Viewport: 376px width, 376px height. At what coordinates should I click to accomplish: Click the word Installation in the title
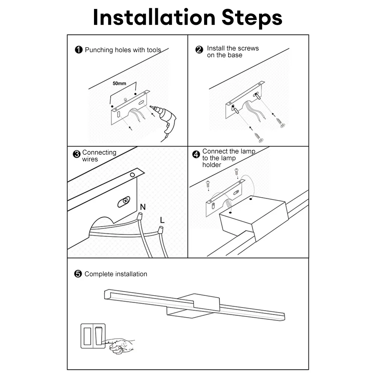pyautogui.click(x=154, y=18)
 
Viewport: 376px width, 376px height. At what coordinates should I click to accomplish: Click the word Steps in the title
pyautogui.click(x=252, y=18)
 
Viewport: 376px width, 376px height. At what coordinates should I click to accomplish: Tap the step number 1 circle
pyautogui.click(x=79, y=50)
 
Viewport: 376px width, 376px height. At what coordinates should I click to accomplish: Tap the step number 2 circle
pyautogui.click(x=199, y=50)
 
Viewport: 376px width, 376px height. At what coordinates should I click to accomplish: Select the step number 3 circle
pyautogui.click(x=76, y=154)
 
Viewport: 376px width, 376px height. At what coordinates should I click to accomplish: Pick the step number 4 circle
pyautogui.click(x=196, y=155)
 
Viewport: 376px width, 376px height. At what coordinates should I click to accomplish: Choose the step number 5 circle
pyautogui.click(x=78, y=274)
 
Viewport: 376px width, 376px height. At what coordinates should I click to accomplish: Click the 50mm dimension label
pyautogui.click(x=120, y=83)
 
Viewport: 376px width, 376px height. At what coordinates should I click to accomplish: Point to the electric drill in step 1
pyautogui.click(x=165, y=121)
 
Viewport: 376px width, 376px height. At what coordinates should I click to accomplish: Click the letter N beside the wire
pyautogui.click(x=143, y=207)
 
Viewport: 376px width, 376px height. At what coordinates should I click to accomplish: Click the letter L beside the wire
pyautogui.click(x=162, y=220)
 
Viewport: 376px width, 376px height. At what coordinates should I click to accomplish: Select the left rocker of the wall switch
pyautogui.click(x=87, y=336)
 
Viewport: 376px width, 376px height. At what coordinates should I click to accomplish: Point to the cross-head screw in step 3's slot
pyautogui.click(x=125, y=200)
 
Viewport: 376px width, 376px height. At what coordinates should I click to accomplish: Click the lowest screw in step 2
pyautogui.click(x=258, y=137)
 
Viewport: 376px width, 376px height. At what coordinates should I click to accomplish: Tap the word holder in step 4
pyautogui.click(x=212, y=165)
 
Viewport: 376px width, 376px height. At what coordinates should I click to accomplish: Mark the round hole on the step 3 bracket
pyautogui.click(x=132, y=175)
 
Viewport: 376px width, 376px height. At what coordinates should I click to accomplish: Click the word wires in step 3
pyautogui.click(x=90, y=159)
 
